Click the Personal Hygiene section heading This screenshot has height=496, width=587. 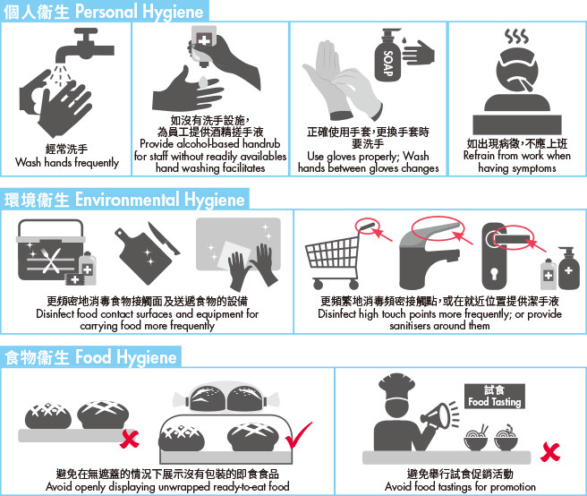(x=104, y=12)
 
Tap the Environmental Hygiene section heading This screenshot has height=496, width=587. (x=124, y=199)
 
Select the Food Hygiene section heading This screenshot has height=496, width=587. (x=90, y=356)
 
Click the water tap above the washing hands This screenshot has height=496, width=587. (x=85, y=46)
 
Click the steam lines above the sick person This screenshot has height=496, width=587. (x=516, y=37)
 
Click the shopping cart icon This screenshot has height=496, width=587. (x=334, y=256)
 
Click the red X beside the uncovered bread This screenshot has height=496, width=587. (x=130, y=439)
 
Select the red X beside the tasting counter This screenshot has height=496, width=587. (x=550, y=452)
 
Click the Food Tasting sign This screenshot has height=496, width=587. (x=495, y=396)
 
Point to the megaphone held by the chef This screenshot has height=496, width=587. (x=440, y=415)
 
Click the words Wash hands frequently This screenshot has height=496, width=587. (x=67, y=163)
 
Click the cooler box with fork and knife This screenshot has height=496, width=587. (x=50, y=251)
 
